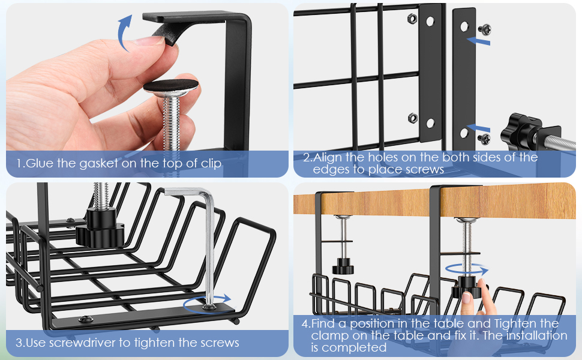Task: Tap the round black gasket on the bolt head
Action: click(171, 86)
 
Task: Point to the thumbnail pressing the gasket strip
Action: click(150, 40)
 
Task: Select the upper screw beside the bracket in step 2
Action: click(484, 29)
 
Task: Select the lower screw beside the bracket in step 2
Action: click(484, 139)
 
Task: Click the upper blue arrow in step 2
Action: click(478, 40)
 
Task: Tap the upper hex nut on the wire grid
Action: click(412, 18)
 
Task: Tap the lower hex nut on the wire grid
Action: click(412, 118)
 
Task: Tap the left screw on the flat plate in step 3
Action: click(86, 319)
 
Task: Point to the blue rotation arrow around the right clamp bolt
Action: click(467, 270)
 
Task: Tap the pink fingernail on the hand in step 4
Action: click(466, 298)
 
